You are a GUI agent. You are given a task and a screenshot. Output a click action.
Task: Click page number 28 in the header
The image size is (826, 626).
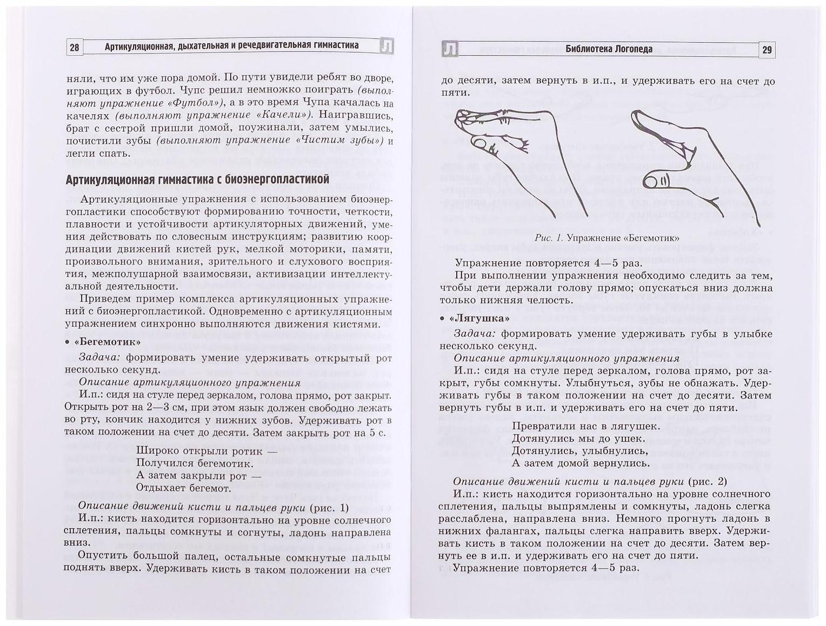click(x=75, y=48)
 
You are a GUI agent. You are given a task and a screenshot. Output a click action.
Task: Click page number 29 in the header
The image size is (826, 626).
click(x=767, y=50)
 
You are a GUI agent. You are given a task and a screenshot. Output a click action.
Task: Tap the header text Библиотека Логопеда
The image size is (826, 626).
click(x=609, y=49)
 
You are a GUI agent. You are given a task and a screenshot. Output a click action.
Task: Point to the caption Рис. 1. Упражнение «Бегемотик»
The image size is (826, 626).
click(x=607, y=238)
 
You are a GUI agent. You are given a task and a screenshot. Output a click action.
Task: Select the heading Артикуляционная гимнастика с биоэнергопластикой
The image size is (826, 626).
click(x=197, y=179)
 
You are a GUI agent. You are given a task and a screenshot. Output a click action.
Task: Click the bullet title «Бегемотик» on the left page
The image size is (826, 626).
click(x=106, y=342)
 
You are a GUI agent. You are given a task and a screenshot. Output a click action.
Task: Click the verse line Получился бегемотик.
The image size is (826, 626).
click(x=195, y=463)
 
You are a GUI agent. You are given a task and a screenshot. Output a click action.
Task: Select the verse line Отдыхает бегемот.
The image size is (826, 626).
click(x=184, y=488)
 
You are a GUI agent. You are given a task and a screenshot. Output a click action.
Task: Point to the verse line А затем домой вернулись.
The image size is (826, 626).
click(x=581, y=463)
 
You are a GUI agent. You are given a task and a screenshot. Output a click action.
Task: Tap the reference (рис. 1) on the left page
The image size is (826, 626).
click(x=329, y=507)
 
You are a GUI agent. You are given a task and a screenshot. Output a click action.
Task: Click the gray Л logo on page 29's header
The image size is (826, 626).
click(x=450, y=50)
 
